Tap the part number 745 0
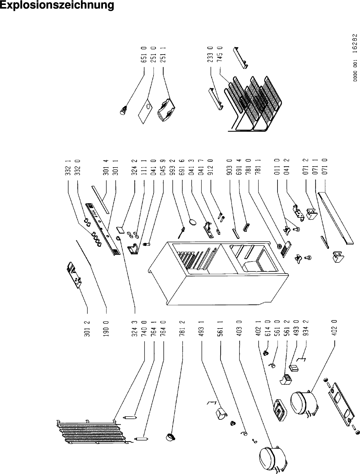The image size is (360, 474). (x=220, y=55)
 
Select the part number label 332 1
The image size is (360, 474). (x=68, y=168)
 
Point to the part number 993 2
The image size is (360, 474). (x=172, y=168)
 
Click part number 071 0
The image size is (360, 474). (x=325, y=168)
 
